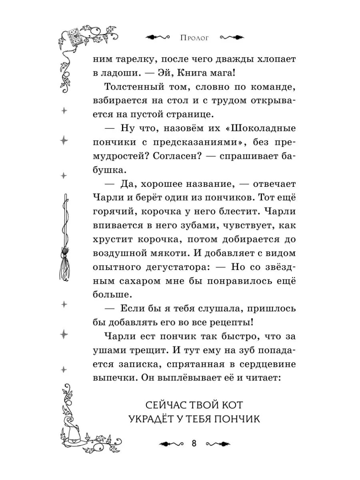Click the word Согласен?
click(173, 156)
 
